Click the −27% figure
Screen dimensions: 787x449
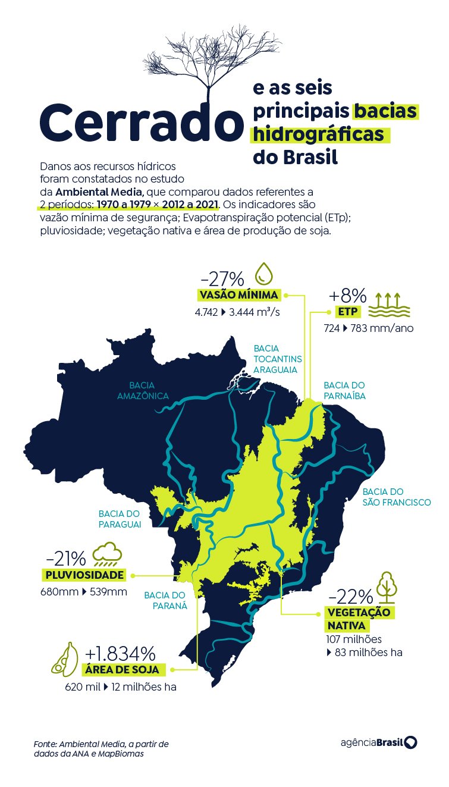(x=222, y=278)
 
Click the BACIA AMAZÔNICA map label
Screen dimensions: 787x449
(x=143, y=390)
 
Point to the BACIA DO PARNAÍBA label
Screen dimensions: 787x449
(x=344, y=390)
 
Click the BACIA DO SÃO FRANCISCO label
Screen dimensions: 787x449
(x=396, y=497)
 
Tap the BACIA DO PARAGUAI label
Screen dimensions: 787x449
(x=120, y=519)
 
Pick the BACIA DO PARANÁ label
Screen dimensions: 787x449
(x=166, y=600)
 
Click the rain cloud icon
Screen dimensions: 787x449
(x=107, y=554)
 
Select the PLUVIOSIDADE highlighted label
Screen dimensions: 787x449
(x=84, y=575)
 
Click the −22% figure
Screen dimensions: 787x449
(x=350, y=596)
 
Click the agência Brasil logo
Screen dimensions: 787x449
(x=379, y=743)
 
